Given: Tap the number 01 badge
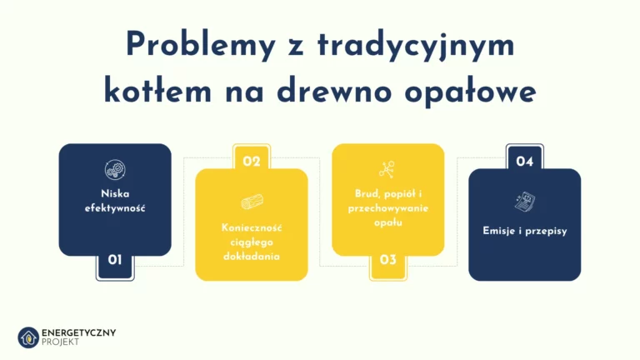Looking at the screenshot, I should tap(115, 260).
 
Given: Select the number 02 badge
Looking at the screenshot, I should tap(252, 162).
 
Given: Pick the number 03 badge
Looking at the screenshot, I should tap(388, 260).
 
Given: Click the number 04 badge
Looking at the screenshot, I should tap(525, 162).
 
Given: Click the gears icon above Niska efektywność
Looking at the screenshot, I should tap(115, 171).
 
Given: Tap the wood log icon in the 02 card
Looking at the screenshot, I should tap(252, 202).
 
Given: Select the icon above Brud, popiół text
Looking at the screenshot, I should tap(387, 169).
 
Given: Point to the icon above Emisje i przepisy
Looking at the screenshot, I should tap(525, 202).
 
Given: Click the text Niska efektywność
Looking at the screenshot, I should tap(115, 201).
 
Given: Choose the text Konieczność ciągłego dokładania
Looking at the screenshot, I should tap(252, 242).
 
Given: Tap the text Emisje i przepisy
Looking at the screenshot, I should tap(525, 231).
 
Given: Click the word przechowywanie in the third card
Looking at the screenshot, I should tap(388, 208).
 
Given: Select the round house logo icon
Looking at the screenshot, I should tap(28, 337).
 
